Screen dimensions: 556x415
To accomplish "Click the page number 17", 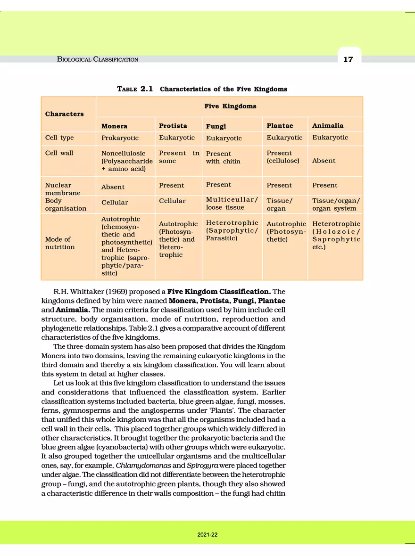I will [x=348, y=59].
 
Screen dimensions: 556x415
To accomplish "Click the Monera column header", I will [x=114, y=126].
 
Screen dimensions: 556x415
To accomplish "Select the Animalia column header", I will [x=328, y=125].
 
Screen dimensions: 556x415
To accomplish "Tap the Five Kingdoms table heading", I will [x=230, y=106].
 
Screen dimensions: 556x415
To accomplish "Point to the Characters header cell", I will [x=64, y=114].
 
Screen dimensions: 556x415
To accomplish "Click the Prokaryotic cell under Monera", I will [x=120, y=138].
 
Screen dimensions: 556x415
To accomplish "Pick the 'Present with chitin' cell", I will [x=223, y=157].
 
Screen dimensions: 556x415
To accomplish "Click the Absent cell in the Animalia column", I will [x=324, y=161].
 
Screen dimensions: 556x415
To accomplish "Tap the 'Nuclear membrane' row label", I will [x=62, y=189].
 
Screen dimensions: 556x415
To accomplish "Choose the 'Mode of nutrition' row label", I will [x=60, y=243].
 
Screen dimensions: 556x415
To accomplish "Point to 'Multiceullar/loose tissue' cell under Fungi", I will [x=232, y=203].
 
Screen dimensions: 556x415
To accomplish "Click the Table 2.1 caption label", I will [x=134, y=89].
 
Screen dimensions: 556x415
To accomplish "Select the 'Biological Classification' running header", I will [x=97, y=59].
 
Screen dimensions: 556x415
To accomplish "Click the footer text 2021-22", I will [x=207, y=535].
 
